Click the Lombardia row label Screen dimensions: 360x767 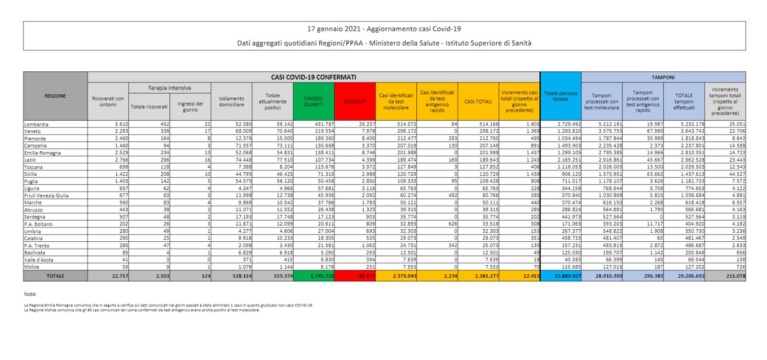click(x=36, y=124)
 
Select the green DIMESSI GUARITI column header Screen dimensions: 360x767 click(x=314, y=101)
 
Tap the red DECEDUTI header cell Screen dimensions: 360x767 click(x=355, y=101)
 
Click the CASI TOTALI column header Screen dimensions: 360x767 click(x=478, y=101)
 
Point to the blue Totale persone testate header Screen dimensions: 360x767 click(x=560, y=96)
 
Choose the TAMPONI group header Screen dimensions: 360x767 click(x=663, y=77)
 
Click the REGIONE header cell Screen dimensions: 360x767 click(x=56, y=96)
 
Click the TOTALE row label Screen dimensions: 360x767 click(x=56, y=276)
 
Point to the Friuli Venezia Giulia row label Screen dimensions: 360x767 click(x=46, y=195)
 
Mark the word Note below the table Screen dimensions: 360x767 click(x=30, y=294)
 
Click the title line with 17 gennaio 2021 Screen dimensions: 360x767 click(x=384, y=29)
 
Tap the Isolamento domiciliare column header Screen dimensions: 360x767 click(x=232, y=101)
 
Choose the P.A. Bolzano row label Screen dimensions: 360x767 click(x=38, y=224)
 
